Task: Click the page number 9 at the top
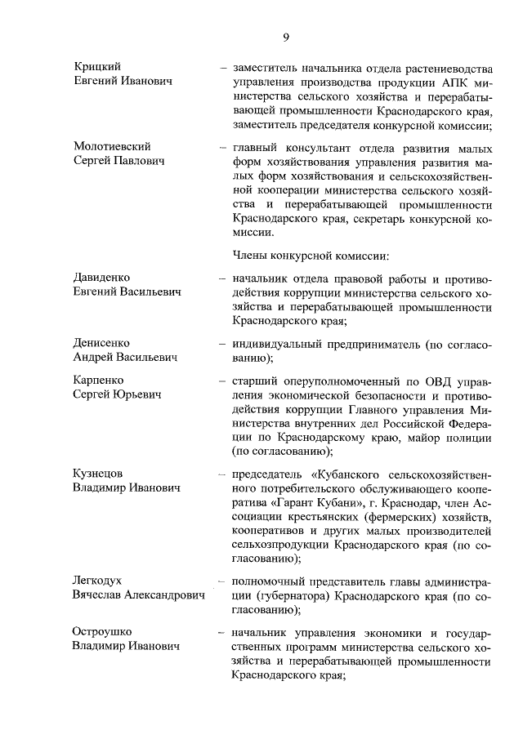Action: (x=287, y=35)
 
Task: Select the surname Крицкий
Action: (x=96, y=66)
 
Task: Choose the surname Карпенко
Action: (x=99, y=381)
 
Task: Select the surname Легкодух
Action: (x=97, y=581)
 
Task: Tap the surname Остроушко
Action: (x=102, y=632)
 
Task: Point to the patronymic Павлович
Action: (x=136, y=162)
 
